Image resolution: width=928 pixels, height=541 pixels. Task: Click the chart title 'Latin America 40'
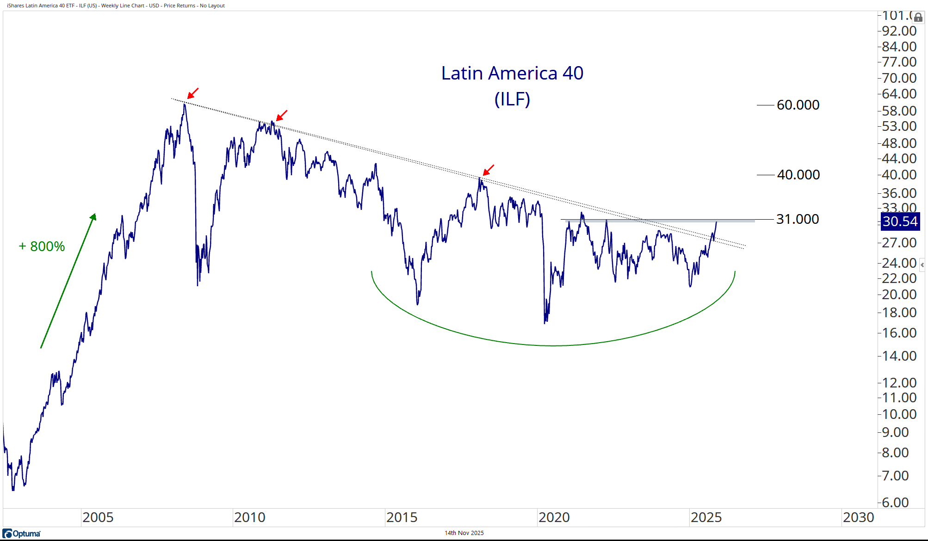(512, 74)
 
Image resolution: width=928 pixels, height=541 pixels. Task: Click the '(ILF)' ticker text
(512, 99)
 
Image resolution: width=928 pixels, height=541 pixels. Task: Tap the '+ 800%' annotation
(42, 246)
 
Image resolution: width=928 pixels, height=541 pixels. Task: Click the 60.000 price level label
(798, 105)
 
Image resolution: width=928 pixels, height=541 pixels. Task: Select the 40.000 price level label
(798, 175)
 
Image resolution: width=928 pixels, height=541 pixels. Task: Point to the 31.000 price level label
(797, 219)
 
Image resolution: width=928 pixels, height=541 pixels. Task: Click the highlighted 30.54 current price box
(899, 221)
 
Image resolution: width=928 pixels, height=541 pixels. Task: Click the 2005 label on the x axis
(98, 517)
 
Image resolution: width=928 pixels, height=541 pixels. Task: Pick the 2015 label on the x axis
(402, 517)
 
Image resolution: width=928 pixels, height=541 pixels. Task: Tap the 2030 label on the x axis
(858, 517)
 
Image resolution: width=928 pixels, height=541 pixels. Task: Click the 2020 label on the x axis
(554, 517)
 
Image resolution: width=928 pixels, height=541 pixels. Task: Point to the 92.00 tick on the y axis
(899, 31)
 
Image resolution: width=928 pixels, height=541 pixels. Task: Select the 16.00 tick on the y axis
(899, 333)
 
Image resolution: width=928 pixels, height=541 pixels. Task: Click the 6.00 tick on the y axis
(895, 503)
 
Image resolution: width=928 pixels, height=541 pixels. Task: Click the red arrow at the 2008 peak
(193, 93)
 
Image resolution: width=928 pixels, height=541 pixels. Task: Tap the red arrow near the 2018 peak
(489, 170)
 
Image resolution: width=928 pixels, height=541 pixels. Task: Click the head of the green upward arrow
(93, 216)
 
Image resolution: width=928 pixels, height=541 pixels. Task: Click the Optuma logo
(21, 534)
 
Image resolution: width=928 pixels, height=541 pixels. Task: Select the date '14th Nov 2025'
(464, 533)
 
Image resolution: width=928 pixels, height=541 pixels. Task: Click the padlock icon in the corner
(918, 18)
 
